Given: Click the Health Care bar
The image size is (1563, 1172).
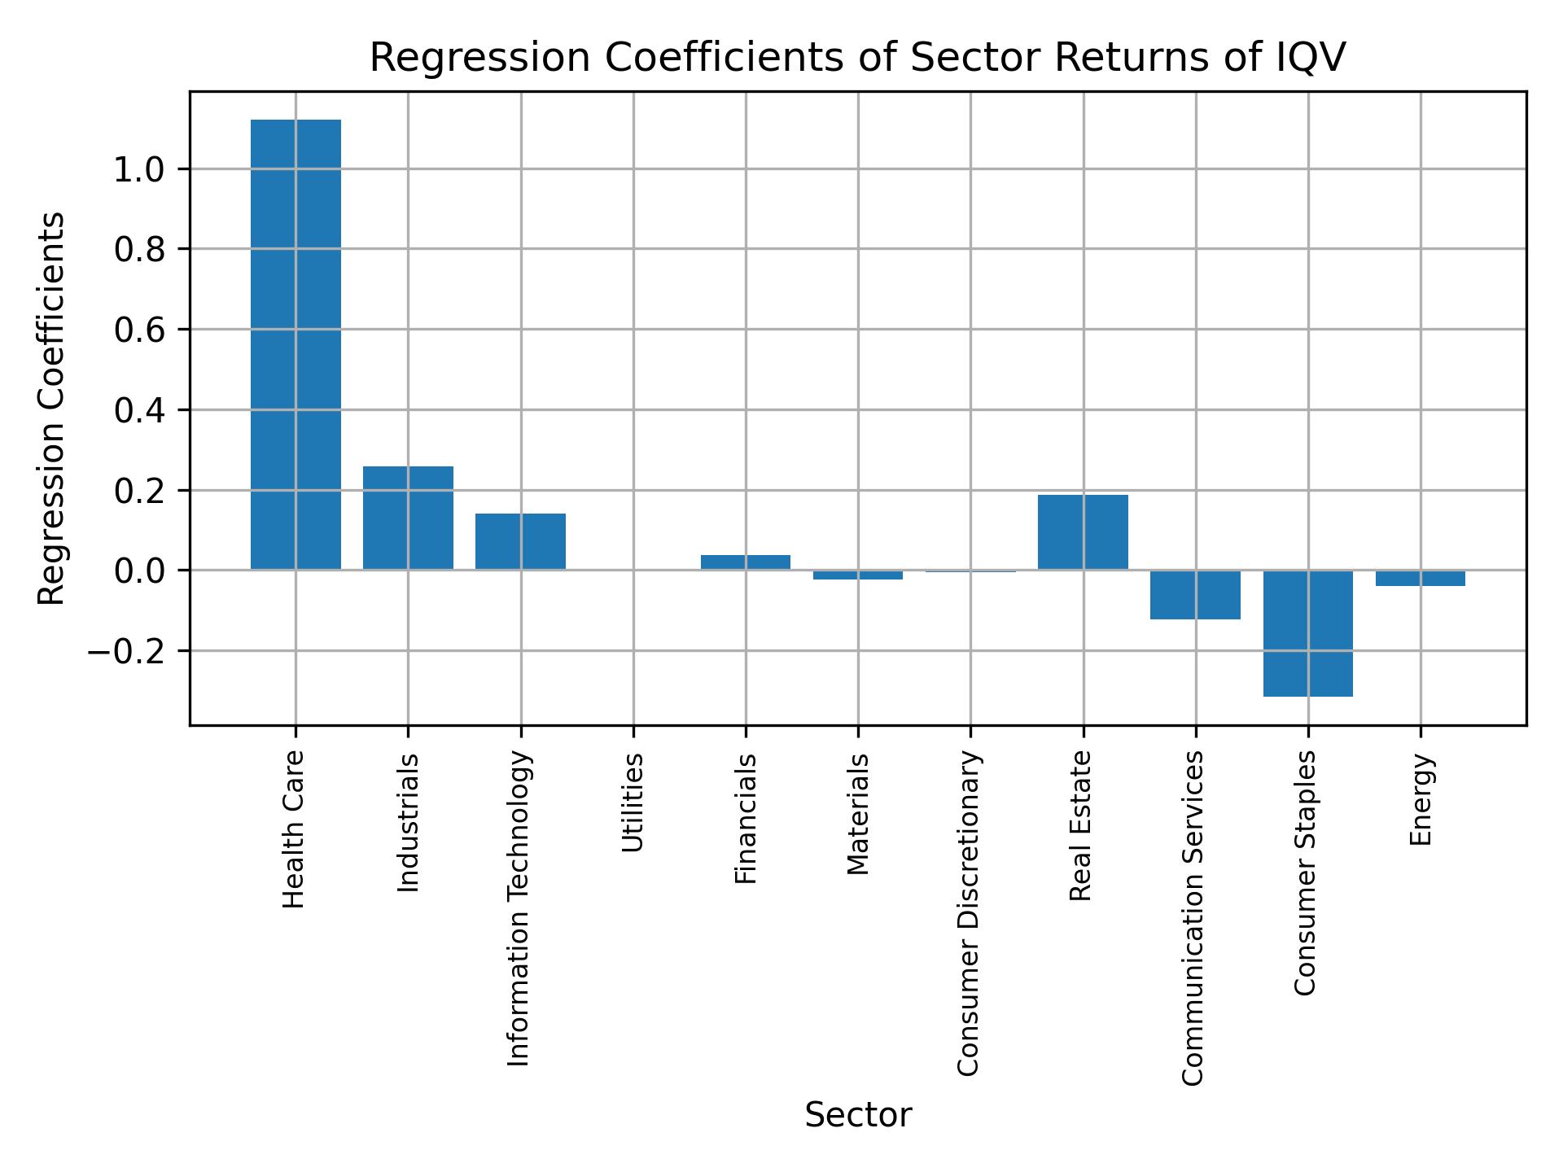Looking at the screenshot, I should (296, 344).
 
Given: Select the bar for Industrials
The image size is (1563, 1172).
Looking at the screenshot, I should (408, 518).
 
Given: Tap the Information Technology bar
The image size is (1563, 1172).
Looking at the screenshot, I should (520, 541).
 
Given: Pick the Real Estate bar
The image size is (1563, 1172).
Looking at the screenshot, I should (1083, 532).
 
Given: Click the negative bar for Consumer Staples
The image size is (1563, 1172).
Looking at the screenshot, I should (1307, 633).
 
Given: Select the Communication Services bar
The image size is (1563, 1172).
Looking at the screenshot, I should (1195, 595).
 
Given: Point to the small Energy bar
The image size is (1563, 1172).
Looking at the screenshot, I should (1420, 579).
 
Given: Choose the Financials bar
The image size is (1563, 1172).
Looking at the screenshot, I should (745, 562).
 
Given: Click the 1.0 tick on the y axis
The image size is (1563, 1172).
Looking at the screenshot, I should (139, 169).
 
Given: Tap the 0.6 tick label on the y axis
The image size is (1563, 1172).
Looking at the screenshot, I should (139, 330).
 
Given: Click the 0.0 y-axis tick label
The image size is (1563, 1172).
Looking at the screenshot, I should (139, 571).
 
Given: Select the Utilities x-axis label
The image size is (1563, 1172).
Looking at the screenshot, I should (633, 802).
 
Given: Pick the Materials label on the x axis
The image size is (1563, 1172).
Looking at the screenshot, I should (857, 814).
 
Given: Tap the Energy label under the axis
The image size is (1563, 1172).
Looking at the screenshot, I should (1421, 799).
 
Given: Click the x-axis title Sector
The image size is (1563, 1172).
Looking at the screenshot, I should (858, 1116).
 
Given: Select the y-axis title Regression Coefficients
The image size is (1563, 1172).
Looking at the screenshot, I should (52, 408).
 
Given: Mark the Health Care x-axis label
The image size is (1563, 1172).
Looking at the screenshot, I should (294, 829).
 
